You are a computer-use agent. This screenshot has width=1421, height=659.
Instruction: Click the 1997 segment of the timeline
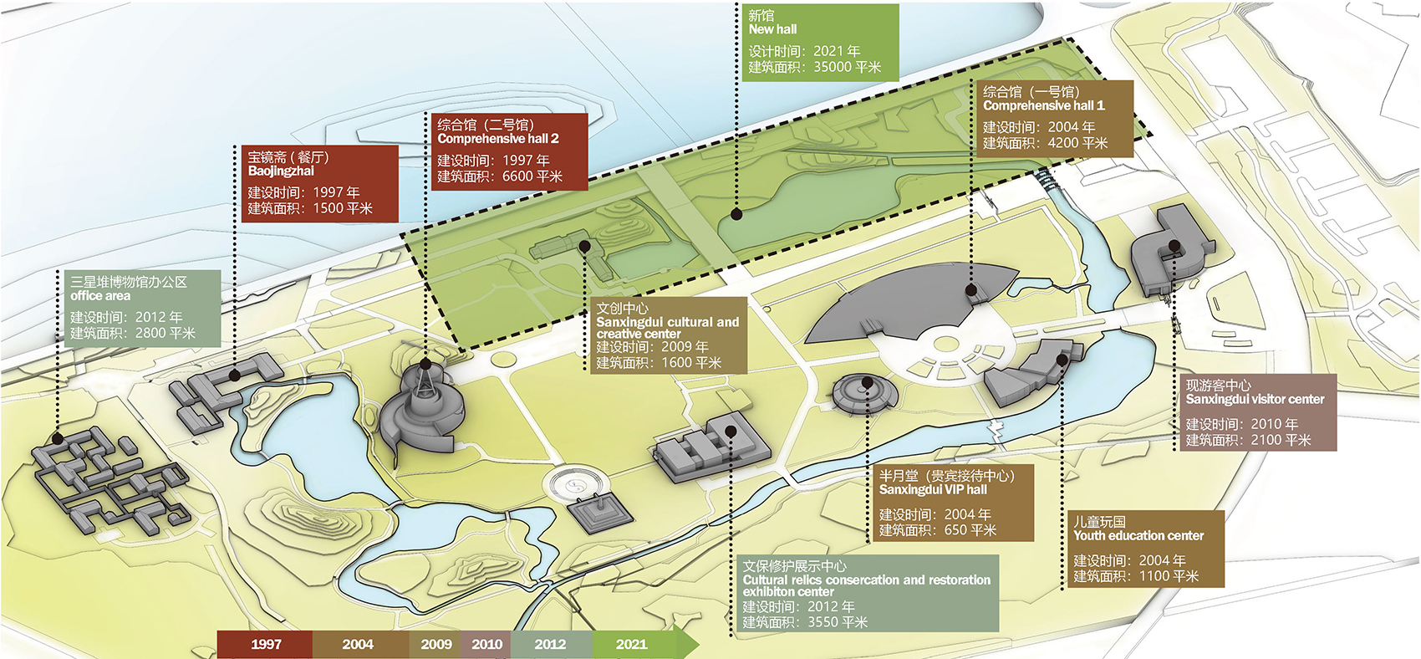click(x=264, y=645)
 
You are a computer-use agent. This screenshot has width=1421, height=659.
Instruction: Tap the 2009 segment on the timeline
click(x=435, y=645)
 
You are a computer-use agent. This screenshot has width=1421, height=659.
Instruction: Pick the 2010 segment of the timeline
click(x=486, y=645)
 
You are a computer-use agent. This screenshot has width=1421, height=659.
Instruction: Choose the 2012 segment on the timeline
click(x=552, y=645)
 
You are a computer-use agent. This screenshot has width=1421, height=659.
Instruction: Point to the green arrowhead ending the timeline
click(x=688, y=645)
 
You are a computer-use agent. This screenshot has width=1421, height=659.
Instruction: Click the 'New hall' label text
click(x=772, y=29)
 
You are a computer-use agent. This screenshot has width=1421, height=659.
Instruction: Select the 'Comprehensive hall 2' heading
click(x=498, y=138)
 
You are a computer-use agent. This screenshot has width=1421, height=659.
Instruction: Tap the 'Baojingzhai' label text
click(x=280, y=171)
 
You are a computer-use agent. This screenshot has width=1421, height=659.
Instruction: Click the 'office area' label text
click(x=100, y=296)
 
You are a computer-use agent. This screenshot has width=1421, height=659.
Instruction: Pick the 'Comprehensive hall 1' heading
click(x=1043, y=105)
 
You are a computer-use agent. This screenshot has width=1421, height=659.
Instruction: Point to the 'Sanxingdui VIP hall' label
click(x=933, y=489)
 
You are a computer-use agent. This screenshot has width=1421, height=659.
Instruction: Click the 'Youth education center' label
click(x=1138, y=535)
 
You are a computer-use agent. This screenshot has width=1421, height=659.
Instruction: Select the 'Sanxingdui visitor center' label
click(x=1255, y=400)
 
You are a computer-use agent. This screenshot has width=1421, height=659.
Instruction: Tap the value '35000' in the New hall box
click(x=833, y=67)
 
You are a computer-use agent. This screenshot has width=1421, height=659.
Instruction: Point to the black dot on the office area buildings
click(x=58, y=438)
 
